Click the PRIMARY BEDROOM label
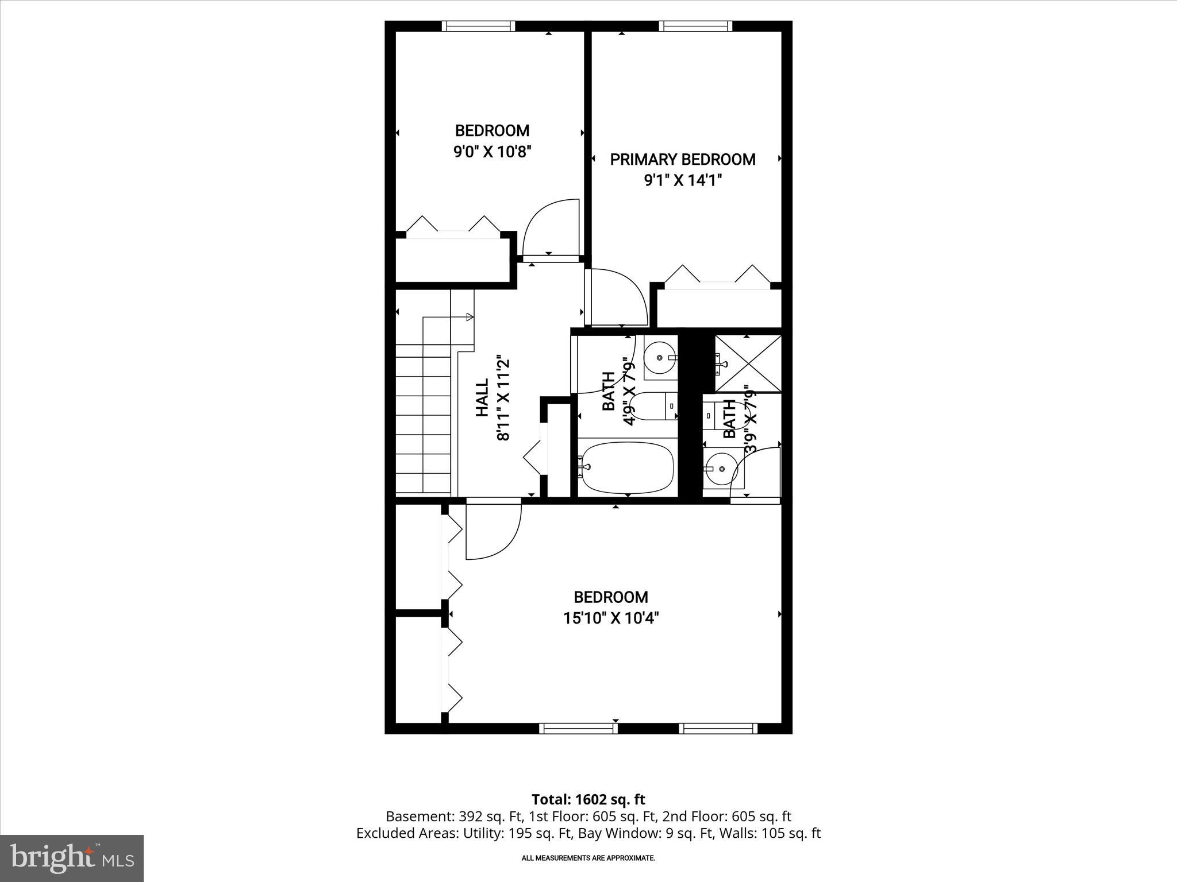pyautogui.click(x=682, y=160)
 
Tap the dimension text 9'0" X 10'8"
pyautogui.click(x=492, y=152)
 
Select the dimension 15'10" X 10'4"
pyautogui.click(x=610, y=618)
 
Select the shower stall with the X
pyautogui.click(x=747, y=363)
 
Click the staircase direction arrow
pyautogui.click(x=470, y=316)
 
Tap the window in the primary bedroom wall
pyautogui.click(x=695, y=26)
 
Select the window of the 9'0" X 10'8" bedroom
pyautogui.click(x=478, y=26)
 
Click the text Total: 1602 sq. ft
pyautogui.click(x=588, y=799)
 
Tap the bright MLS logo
pyautogui.click(x=72, y=858)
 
